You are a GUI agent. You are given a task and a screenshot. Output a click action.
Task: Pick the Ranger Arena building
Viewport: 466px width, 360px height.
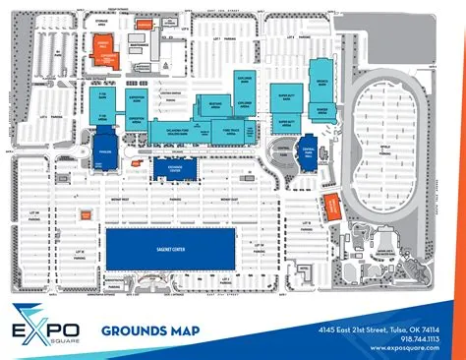[319, 111]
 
